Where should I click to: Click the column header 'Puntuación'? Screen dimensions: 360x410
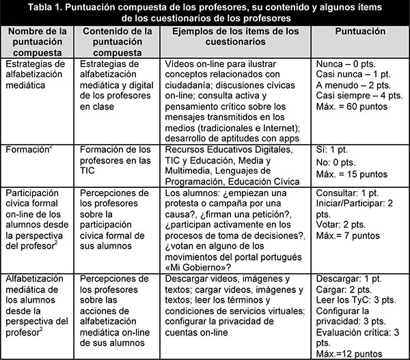(359, 32)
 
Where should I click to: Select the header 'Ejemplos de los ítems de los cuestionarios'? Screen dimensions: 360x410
(235, 37)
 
